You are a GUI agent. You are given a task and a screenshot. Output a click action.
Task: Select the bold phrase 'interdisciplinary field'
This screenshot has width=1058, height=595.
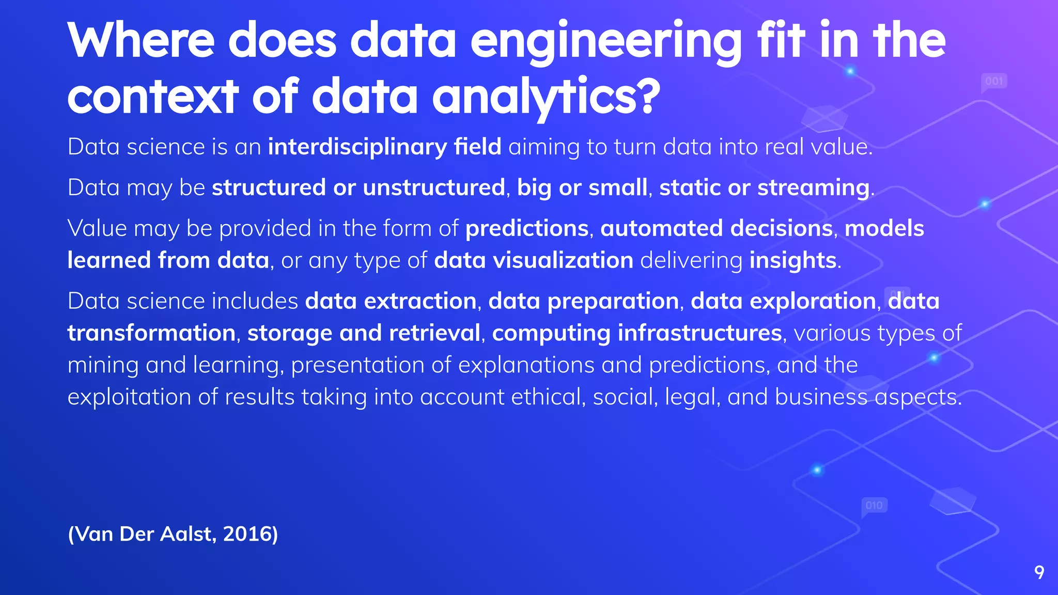pos(384,147)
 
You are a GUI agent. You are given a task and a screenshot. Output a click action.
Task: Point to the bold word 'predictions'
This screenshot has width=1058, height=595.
pos(527,228)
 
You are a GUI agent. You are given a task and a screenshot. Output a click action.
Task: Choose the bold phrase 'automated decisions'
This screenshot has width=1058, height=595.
pos(717,228)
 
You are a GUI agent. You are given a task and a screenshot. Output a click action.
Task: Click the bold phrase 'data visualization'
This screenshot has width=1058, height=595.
pos(533,260)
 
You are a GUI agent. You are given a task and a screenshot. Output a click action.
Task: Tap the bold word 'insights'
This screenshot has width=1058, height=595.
pos(792,260)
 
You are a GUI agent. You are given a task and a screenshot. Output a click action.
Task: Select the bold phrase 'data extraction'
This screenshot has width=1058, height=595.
pos(391,301)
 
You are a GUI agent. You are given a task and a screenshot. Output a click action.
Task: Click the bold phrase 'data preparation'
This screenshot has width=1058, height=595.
pos(583,301)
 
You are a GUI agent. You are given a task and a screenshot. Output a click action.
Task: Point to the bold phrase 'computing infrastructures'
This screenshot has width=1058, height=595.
pos(636,333)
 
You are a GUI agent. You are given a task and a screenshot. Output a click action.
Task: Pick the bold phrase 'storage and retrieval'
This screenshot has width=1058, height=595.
pos(364,333)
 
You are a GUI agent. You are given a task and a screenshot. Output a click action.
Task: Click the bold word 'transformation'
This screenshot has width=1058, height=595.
pos(151,333)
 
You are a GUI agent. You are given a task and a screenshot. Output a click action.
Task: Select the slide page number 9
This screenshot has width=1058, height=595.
pos(1039,572)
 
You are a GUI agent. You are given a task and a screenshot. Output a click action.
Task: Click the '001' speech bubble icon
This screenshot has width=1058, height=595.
pos(994,82)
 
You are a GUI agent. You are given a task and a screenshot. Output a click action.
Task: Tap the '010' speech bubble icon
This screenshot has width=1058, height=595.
pos(874,505)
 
